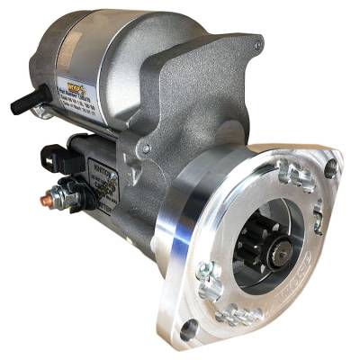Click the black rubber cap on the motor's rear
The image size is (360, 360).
click(27, 102)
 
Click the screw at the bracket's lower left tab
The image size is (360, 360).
click(146, 147)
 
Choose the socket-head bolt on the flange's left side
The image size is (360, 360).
click(206, 269)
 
